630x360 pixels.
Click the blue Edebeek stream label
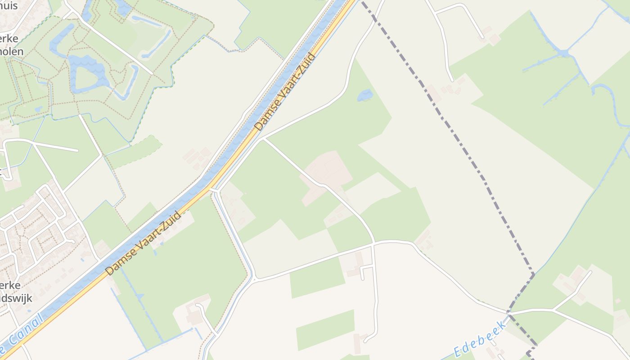coord(481,338)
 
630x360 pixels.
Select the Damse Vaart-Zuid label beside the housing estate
coord(143,243)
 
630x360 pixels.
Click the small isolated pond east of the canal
coord(364,95)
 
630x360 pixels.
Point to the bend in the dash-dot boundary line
coord(533,274)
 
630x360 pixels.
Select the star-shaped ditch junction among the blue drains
coord(562,54)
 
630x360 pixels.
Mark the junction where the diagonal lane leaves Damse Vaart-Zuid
coord(262,139)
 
